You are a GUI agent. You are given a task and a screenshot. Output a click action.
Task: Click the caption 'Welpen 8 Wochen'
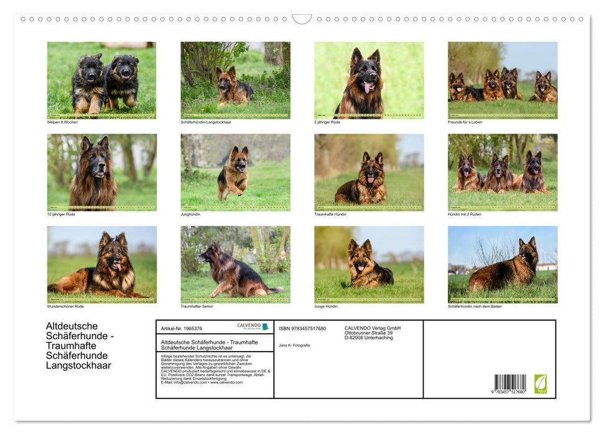62,122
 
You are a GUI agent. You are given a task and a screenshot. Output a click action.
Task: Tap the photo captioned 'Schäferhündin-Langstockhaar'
235,80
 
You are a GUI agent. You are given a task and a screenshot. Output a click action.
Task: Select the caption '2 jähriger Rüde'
327,122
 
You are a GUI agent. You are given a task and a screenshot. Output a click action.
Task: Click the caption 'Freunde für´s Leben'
465,122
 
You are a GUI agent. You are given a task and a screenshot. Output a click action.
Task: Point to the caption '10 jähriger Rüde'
61,214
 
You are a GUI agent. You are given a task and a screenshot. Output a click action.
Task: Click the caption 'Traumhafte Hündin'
330,214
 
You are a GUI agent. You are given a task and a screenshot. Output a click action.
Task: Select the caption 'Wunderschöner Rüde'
65,306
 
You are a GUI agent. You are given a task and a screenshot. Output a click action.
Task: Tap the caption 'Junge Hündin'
327,306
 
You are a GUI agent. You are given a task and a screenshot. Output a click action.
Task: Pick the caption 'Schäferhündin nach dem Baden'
475,306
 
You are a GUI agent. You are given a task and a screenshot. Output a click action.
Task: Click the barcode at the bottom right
510,383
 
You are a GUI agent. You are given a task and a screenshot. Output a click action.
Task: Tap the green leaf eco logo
541,383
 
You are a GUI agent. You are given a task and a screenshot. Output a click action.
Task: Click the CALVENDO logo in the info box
253,326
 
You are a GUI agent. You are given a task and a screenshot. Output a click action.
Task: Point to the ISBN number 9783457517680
302,328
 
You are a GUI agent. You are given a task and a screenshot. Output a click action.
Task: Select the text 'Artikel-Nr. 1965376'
181,328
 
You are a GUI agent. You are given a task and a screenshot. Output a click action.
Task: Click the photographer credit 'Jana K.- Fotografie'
294,345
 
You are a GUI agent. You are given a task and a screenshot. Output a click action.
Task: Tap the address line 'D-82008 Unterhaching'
368,337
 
